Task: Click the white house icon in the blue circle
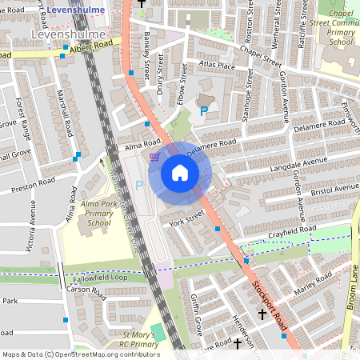[x=180, y=172]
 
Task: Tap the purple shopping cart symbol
[x=154, y=157]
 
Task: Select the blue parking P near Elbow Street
[x=203, y=110]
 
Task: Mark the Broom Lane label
[x=353, y=295]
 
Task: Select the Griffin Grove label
[x=197, y=324]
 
